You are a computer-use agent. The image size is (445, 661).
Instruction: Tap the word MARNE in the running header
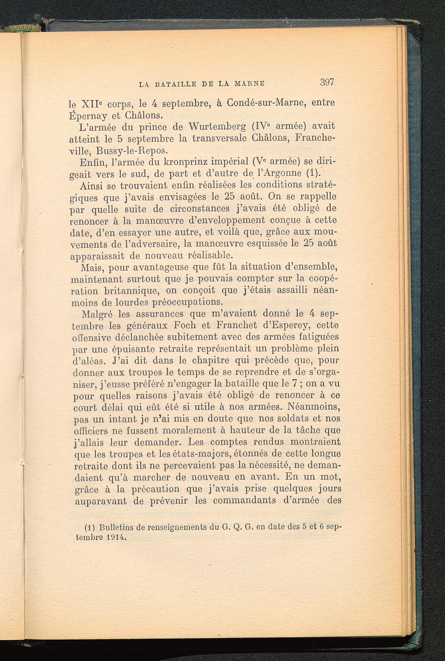(250, 84)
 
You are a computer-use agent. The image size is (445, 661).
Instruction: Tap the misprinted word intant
(117, 419)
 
